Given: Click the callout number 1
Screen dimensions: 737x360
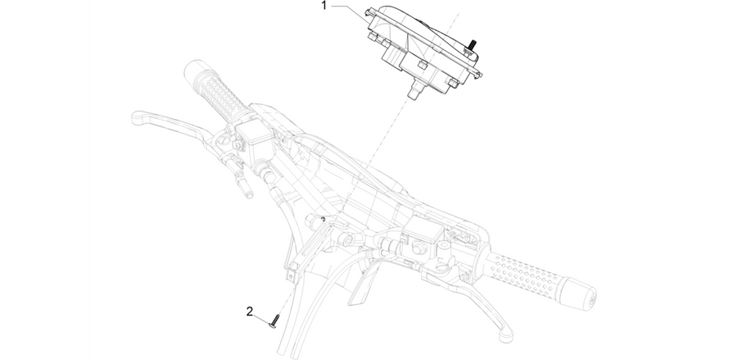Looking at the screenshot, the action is tap(323, 6).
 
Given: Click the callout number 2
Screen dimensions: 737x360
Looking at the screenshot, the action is tap(250, 312).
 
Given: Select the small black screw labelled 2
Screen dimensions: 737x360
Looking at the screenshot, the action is tap(274, 322).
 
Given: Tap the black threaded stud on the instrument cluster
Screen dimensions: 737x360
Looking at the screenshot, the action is tap(472, 48).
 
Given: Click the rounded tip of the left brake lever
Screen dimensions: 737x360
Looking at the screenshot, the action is tap(138, 118).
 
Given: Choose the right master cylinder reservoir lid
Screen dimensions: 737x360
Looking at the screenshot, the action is tap(423, 229).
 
